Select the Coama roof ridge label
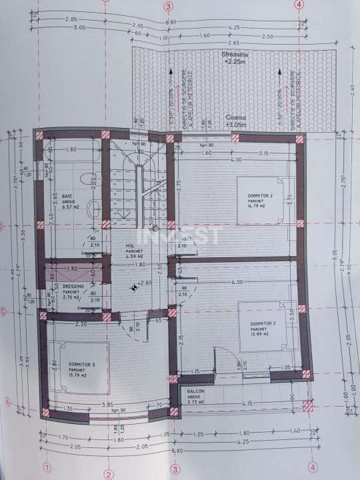click(235, 116)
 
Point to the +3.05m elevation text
click(235, 124)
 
